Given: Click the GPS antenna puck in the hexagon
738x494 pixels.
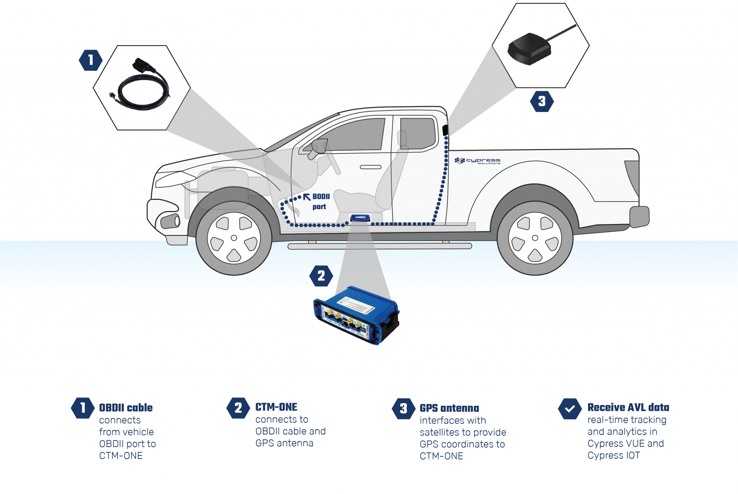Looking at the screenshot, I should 529,50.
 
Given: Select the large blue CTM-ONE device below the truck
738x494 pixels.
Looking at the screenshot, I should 357,315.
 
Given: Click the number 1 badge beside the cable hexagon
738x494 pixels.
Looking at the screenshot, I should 90,60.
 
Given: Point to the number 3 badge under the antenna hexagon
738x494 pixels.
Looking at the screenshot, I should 542,102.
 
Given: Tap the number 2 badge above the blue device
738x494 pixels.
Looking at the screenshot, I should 321,276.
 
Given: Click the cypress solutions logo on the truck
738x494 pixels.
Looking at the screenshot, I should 477,161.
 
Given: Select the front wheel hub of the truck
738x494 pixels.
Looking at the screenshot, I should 234,238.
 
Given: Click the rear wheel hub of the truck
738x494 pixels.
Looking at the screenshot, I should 535,238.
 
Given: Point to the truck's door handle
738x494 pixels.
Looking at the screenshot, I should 371,167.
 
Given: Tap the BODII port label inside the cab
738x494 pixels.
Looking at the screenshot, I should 320,201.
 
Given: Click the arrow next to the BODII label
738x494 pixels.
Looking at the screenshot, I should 307,197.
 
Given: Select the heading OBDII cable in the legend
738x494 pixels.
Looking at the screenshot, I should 126,408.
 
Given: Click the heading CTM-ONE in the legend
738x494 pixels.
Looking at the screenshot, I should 276,407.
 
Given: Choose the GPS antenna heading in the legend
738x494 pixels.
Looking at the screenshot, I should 449,408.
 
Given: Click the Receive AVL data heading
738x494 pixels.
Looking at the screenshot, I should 628,407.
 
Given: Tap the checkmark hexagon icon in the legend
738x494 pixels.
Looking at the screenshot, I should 570,409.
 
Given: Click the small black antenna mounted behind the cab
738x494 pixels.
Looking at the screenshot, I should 445,130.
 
